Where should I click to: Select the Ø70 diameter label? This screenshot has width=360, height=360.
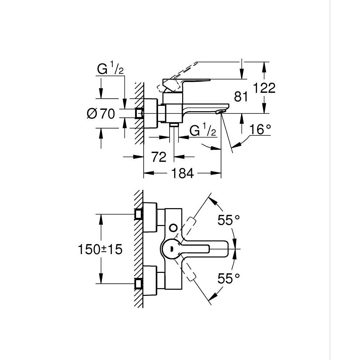point(101,114)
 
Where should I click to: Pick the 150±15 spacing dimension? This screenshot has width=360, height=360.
point(99,249)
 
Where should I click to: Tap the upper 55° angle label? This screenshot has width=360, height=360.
point(229,220)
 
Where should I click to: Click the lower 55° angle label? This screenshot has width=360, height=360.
point(229,278)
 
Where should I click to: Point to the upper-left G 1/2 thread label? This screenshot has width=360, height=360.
point(110,69)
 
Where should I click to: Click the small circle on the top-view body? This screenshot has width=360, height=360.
point(174,228)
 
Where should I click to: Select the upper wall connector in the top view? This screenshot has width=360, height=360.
point(139,214)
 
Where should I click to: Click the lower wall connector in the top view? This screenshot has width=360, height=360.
point(139,283)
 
